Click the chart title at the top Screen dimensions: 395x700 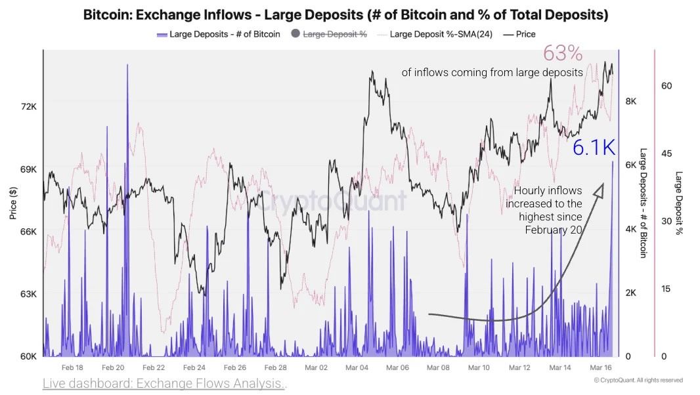345,14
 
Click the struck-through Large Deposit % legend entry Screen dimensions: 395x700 335,34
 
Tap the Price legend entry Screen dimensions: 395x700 525,34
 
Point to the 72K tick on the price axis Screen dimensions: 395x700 28,106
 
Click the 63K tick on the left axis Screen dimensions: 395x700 28,294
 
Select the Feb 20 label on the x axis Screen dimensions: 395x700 113,368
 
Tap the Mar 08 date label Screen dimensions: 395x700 439,368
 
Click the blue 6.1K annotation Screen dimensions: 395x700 593,148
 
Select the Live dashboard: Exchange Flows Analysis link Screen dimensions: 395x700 164,383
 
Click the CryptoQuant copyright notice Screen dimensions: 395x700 638,381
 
